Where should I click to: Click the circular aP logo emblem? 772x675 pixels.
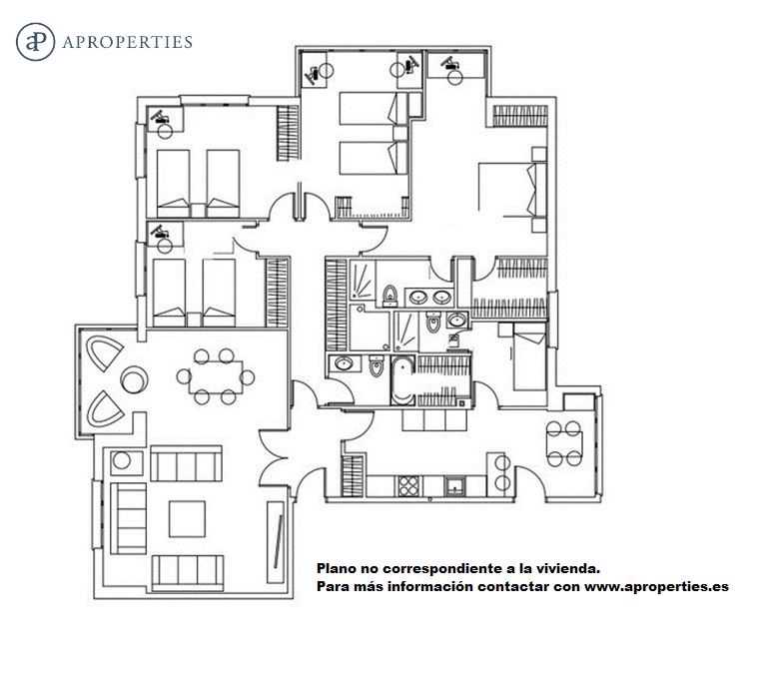point(35,42)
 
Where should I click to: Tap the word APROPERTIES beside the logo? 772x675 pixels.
point(128,42)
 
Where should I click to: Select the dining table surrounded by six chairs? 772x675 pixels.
point(216,377)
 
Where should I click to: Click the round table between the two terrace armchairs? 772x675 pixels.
point(134,379)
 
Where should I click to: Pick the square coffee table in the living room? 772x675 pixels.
point(187,519)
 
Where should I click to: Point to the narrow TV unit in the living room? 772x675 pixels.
point(276,542)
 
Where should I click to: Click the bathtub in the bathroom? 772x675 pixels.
point(402,381)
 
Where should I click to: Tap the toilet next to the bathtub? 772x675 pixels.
point(377,364)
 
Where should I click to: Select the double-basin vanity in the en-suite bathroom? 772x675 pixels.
point(429,298)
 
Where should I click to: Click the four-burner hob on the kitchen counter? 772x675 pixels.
point(408,486)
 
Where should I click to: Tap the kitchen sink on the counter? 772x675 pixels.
point(454,486)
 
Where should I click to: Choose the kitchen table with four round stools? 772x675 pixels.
point(564,443)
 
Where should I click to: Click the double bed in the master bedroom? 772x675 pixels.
point(512,190)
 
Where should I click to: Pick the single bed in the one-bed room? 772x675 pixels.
point(529,356)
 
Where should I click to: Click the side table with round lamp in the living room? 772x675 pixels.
point(127,462)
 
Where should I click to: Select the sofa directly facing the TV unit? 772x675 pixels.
point(128,518)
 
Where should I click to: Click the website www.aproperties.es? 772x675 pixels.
point(656,587)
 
